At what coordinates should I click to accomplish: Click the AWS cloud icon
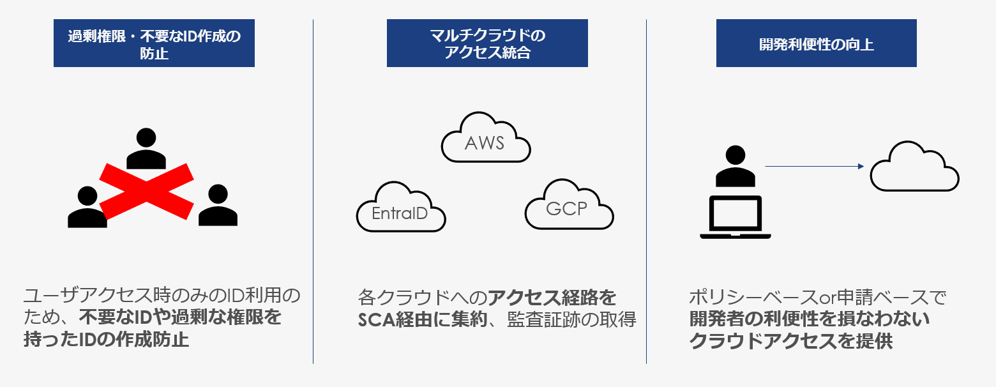coord(486,139)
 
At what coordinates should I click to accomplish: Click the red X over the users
coord(146,190)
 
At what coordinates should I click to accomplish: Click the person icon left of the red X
coord(87,208)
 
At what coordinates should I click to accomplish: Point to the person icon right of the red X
coord(218,206)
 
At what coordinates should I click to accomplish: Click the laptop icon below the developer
coord(736,217)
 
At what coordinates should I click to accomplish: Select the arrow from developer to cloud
coord(814,167)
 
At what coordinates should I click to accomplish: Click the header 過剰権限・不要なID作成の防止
coord(154,43)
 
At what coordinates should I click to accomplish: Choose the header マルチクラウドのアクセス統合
coord(487,43)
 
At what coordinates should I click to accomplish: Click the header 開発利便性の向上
coord(816,43)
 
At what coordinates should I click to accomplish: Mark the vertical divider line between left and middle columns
coord(313,192)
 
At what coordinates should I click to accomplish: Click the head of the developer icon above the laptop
coord(736,155)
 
